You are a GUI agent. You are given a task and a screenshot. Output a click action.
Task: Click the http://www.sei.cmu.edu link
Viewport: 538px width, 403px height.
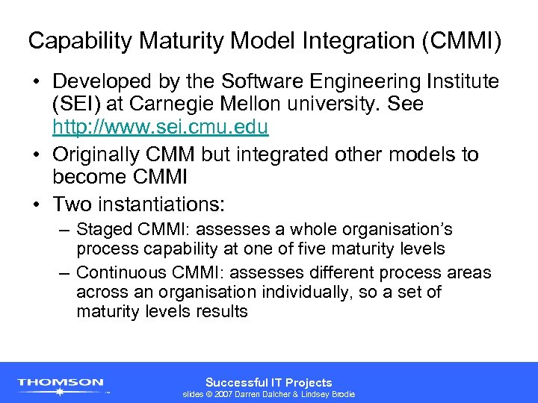coord(160,127)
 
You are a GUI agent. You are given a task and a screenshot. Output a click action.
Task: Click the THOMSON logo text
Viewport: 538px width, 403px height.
coord(61,382)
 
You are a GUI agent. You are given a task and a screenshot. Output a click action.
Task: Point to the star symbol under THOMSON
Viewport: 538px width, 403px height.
coord(61,391)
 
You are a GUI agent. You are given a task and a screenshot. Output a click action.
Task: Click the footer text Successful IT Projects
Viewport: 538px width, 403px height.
coord(268,382)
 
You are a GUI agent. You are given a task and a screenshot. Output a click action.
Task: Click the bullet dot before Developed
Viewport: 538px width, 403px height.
coord(37,81)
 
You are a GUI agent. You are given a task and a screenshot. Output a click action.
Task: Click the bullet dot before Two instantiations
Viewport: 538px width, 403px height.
coord(37,203)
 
